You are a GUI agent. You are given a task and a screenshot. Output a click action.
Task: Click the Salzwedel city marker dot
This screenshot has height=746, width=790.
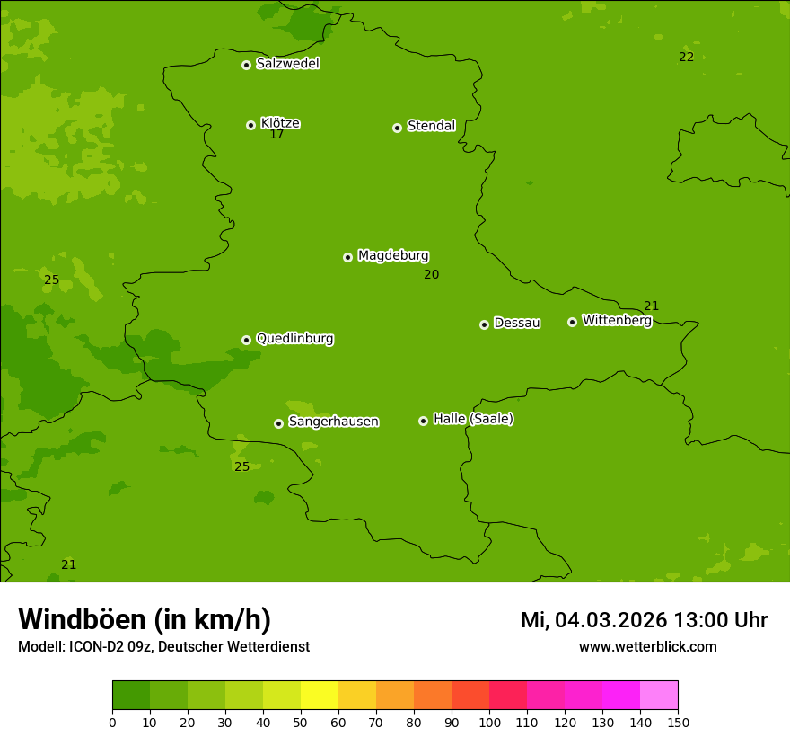click(x=246, y=65)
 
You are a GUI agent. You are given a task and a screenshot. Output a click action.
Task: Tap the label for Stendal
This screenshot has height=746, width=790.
click(x=431, y=126)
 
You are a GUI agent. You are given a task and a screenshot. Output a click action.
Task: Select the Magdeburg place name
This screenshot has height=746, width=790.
click(x=393, y=255)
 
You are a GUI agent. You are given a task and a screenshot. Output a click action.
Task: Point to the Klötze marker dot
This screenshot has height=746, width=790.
click(x=250, y=125)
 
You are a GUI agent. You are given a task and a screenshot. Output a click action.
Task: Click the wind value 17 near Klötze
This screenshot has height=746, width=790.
click(x=276, y=134)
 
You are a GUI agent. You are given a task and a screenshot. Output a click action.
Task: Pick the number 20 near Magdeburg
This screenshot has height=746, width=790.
click(x=431, y=274)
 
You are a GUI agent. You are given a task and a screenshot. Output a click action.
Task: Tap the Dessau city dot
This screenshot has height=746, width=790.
click(x=484, y=324)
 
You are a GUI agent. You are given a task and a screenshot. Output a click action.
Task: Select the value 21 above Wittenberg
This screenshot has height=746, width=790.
click(x=651, y=306)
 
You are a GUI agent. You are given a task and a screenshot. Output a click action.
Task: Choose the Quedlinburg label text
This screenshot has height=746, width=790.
click(x=294, y=339)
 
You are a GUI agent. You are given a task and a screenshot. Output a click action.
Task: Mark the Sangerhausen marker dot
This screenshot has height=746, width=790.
click(x=278, y=423)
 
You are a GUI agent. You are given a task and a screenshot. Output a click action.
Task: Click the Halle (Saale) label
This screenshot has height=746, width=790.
click(x=473, y=419)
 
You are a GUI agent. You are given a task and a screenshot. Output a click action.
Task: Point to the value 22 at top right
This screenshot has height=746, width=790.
click(x=686, y=57)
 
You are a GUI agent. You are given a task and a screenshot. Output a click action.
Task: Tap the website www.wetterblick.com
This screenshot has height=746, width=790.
click(x=647, y=647)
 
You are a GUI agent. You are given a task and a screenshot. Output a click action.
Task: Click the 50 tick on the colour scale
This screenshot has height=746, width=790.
click(x=301, y=722)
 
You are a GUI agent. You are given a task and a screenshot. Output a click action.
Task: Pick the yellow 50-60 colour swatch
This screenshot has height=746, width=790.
click(x=320, y=696)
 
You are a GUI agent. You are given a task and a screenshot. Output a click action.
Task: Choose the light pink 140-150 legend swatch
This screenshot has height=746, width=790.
click(x=659, y=696)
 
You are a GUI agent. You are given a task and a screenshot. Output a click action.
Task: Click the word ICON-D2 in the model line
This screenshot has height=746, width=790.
click(x=101, y=647)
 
